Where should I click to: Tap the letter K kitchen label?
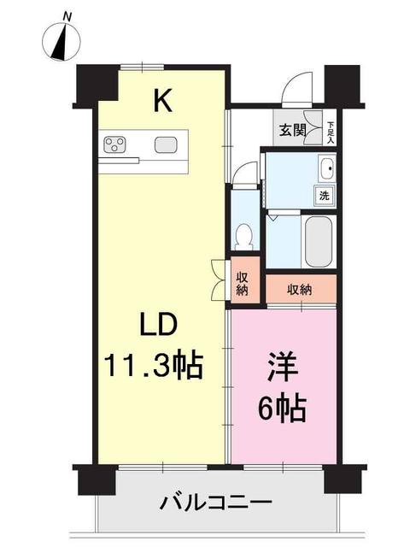[x=162, y=103]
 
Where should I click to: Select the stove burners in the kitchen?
[x=114, y=144]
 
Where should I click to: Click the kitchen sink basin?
[x=165, y=144]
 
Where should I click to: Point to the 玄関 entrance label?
[x=291, y=130]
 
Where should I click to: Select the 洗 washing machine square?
[x=325, y=196]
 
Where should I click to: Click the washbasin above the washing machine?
[x=325, y=169]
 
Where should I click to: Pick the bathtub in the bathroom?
[x=319, y=241]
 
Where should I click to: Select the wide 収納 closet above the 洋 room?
[x=300, y=289]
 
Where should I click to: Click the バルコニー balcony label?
[x=216, y=502]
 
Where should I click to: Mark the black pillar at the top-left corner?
[x=95, y=85]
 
